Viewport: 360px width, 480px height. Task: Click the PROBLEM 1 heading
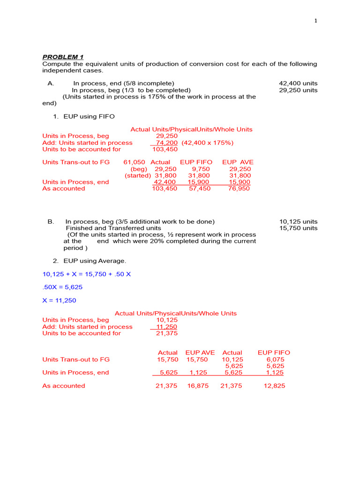click(63, 57)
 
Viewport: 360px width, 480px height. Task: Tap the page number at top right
click(316, 21)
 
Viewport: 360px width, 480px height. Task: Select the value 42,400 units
click(298, 83)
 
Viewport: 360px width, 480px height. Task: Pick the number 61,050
click(134, 162)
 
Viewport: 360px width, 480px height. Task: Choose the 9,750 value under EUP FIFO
click(201, 169)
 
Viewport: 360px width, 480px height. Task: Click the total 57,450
click(199, 188)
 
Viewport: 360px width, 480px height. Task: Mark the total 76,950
click(239, 188)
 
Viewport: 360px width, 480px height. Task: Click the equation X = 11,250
click(59, 300)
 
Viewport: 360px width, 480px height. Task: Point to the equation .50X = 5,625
click(62, 287)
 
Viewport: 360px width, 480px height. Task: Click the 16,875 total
click(197, 386)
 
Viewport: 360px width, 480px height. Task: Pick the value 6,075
click(275, 359)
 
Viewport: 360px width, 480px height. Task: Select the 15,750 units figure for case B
click(298, 228)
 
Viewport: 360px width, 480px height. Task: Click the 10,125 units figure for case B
click(298, 221)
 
